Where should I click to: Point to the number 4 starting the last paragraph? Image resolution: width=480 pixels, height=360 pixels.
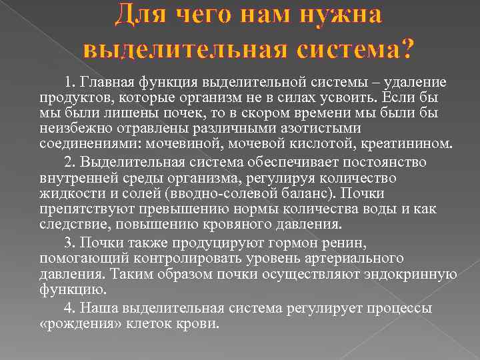coord(67,309)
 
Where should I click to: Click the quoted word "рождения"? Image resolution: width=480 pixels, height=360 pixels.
coord(78,324)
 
